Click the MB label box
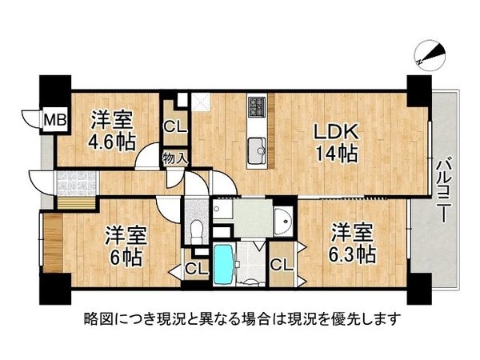54,121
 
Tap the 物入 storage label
175,158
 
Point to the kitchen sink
258,149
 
